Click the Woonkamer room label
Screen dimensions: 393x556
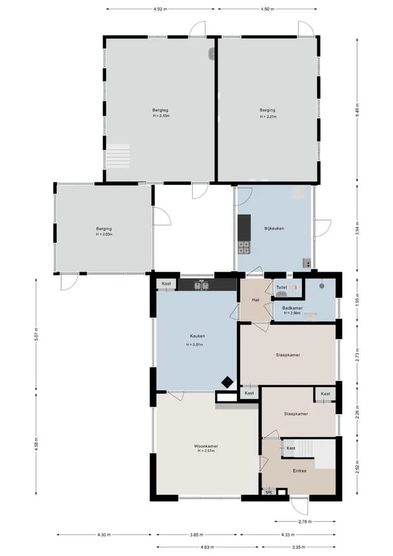coord(206,446)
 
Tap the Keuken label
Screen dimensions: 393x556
coord(197,336)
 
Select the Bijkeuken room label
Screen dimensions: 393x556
coord(274,228)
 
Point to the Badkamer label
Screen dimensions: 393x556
coord(292,308)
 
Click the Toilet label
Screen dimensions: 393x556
coord(282,287)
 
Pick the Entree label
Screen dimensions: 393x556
coord(299,471)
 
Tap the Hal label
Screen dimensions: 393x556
coord(255,299)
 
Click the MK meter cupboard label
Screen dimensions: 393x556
coord(269,492)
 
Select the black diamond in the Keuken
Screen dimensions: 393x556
coord(227,382)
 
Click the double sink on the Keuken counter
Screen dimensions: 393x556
coord(201,285)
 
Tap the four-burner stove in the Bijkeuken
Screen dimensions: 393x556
coord(244,247)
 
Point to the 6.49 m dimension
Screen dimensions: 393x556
coord(358,110)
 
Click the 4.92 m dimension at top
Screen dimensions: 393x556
coord(160,9)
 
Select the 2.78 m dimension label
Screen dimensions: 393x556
coord(305,522)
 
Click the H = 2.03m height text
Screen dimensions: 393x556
coord(104,235)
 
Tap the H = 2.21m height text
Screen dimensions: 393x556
coord(268,116)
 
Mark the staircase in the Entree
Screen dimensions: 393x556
coord(305,448)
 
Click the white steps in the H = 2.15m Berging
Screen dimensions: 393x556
coord(118,156)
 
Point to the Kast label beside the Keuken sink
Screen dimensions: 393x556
coord(166,284)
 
